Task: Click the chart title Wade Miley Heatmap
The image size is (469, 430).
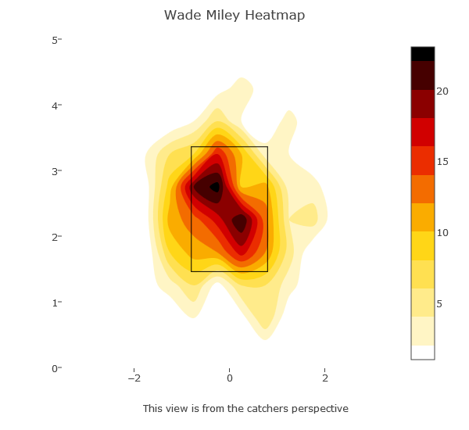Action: [x=234, y=16]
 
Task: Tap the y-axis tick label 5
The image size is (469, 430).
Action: [x=56, y=40]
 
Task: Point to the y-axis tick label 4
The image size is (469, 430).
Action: [x=56, y=106]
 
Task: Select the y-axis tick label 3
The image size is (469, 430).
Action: [x=56, y=171]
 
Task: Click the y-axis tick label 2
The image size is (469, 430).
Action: [x=56, y=237]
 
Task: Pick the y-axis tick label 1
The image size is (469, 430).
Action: [x=56, y=303]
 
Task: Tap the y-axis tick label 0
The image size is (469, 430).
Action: [x=56, y=368]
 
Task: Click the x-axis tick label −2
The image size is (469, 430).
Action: [x=134, y=378]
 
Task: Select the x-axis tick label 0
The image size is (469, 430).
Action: [x=230, y=378]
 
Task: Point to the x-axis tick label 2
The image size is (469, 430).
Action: [x=325, y=378]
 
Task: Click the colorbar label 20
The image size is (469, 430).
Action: [x=442, y=91]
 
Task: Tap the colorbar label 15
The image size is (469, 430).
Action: [x=442, y=162]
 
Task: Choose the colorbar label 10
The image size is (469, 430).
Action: [x=442, y=233]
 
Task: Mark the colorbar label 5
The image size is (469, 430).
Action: [x=439, y=303]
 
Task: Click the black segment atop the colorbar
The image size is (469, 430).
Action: [x=423, y=53]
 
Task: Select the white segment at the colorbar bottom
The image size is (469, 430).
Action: [x=423, y=352]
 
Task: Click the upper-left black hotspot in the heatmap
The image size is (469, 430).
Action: [x=213, y=187]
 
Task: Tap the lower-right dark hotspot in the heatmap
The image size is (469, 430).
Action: [x=240, y=223]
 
